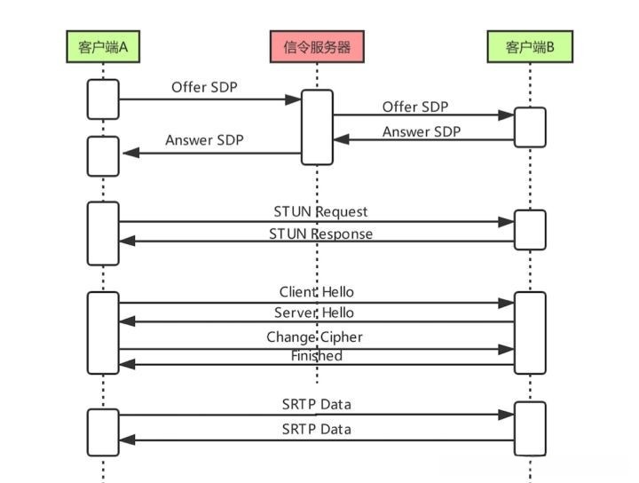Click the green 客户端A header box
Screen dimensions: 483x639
coord(102,47)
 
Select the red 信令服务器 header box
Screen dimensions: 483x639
coord(317,47)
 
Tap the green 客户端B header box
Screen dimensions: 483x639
coord(531,47)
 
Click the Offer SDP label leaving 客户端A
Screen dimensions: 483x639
coord(205,88)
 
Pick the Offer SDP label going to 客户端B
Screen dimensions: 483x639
coord(415,107)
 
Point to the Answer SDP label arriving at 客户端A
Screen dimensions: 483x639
coord(204,140)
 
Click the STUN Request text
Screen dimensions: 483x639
coord(320,212)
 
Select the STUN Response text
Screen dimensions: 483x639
coord(320,234)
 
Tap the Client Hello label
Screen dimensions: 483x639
coord(317,292)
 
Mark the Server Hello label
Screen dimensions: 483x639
coord(313,313)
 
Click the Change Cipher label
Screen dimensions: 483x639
coord(315,337)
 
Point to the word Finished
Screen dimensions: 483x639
coord(317,356)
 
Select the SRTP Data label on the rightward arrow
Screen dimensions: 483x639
coord(317,404)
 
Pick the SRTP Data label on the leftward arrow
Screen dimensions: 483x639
coord(317,429)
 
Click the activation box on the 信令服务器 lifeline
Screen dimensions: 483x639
coord(317,127)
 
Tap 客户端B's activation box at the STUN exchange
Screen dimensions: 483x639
coord(531,230)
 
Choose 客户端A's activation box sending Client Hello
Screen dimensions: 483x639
coord(103,332)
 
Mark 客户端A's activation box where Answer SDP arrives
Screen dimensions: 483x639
coord(103,156)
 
